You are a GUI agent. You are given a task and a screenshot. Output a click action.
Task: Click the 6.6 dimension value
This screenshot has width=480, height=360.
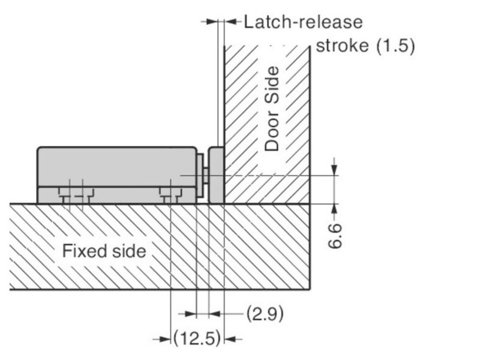pos(334,236)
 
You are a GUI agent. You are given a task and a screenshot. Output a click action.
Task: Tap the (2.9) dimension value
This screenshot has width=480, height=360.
pos(265,313)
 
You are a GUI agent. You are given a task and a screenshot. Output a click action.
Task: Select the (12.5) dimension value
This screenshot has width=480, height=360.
pos(197,338)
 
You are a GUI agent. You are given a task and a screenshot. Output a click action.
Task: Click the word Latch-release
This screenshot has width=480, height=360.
pos(303,22)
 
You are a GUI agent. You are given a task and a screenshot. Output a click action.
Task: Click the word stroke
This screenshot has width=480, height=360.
pos(342,46)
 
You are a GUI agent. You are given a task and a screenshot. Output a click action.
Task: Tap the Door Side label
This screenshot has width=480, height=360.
pos(272,109)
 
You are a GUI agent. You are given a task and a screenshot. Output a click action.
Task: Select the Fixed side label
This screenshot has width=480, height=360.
pos(104,251)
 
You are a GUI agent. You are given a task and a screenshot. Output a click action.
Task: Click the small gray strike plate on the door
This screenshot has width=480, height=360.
pos(216,175)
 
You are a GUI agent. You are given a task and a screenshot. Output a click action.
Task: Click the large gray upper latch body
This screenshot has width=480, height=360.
pos(117,166)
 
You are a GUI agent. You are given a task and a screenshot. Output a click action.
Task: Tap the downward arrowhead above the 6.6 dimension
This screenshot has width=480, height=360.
pos(334,170)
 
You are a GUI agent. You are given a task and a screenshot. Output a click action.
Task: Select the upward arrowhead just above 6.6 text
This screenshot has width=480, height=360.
pos(334,209)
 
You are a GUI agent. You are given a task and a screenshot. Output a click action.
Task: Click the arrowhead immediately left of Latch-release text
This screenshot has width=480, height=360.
pos(230,22)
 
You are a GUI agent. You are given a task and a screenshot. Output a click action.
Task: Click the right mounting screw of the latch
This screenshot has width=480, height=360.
pos(170,196)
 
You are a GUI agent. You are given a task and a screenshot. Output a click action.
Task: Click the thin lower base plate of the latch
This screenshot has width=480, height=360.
pos(116,195)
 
